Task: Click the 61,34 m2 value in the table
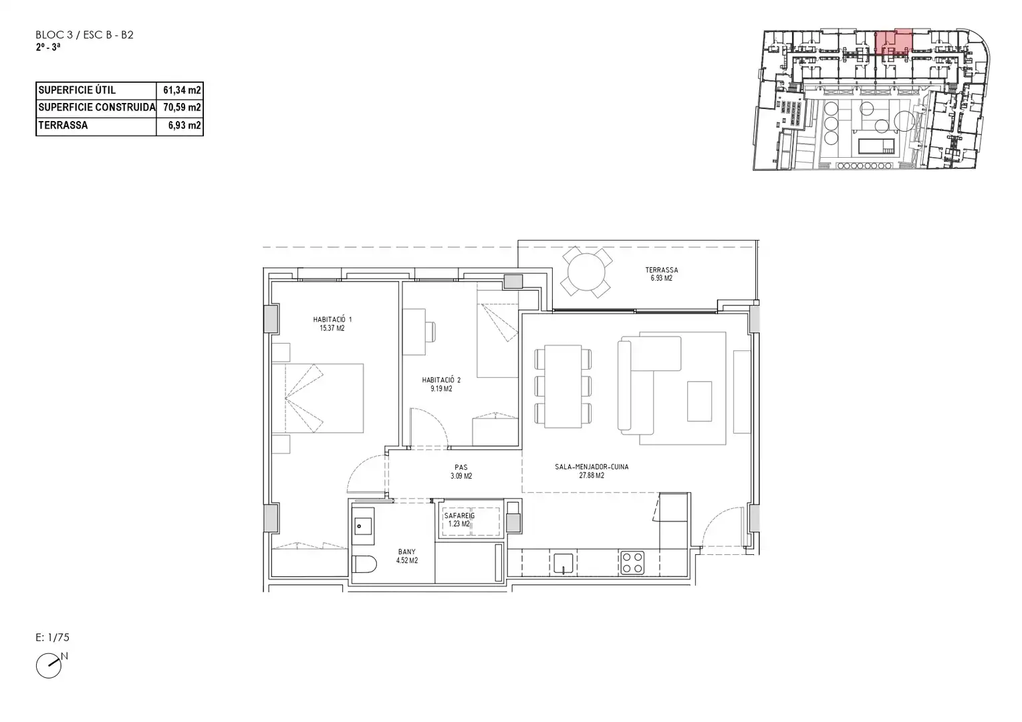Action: [x=182, y=90]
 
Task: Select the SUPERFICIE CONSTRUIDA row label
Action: [x=97, y=107]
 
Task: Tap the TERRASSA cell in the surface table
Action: [x=63, y=125]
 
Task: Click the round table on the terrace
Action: [x=586, y=272]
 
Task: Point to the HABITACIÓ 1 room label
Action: [x=332, y=324]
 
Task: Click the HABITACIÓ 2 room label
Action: [x=441, y=384]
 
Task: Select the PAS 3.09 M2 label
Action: [x=461, y=471]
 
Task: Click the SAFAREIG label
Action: [x=459, y=515]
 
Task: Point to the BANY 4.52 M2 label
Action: [x=406, y=556]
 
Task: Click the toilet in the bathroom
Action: [x=364, y=564]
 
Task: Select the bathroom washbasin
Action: [x=364, y=526]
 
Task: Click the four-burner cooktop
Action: [x=632, y=562]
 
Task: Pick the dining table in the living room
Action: [x=563, y=386]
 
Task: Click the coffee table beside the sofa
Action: [x=699, y=401]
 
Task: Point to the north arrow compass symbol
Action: [x=49, y=665]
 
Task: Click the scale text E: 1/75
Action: [x=52, y=637]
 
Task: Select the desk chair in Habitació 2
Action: [x=430, y=332]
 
